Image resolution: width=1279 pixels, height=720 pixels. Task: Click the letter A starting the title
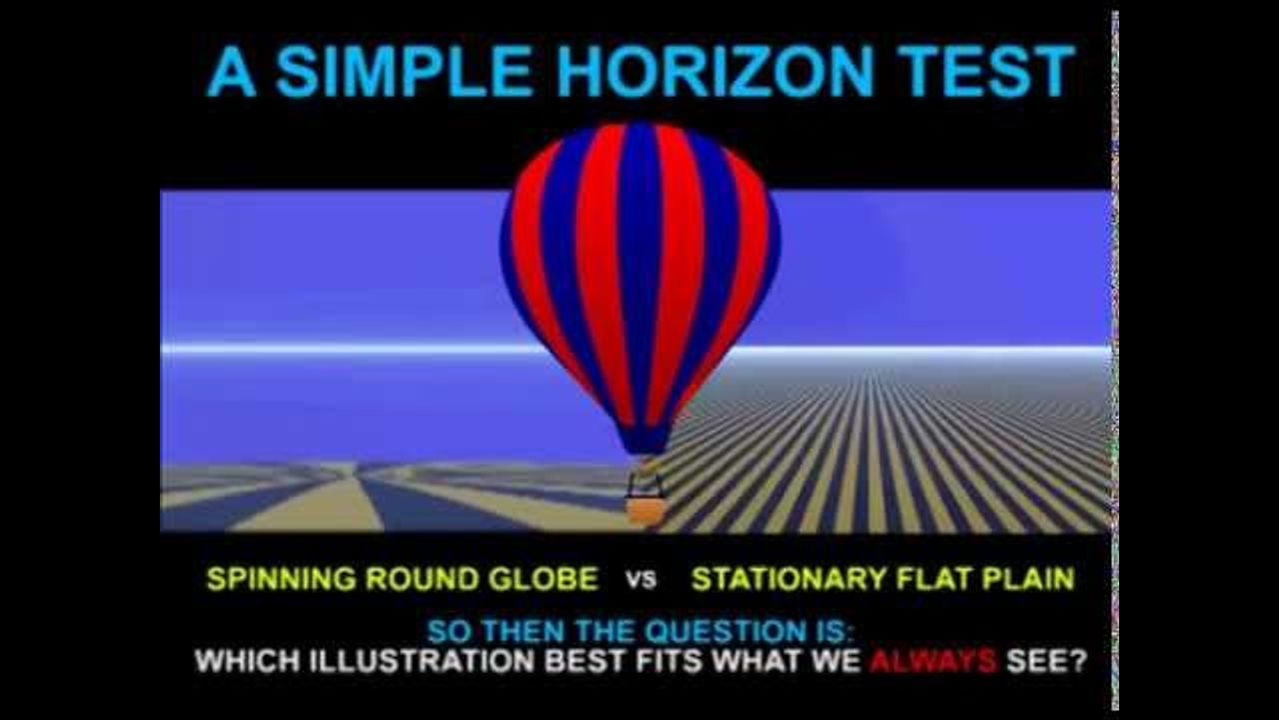231,71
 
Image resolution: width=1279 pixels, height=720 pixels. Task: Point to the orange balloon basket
645,510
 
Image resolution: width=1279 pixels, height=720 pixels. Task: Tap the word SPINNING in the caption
282,579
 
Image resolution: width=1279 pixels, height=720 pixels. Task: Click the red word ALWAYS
933,662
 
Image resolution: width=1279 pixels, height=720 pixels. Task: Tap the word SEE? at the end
1046,662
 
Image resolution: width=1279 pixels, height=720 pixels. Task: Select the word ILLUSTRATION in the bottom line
423,662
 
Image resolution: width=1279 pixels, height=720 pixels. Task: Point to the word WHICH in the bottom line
247,662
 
